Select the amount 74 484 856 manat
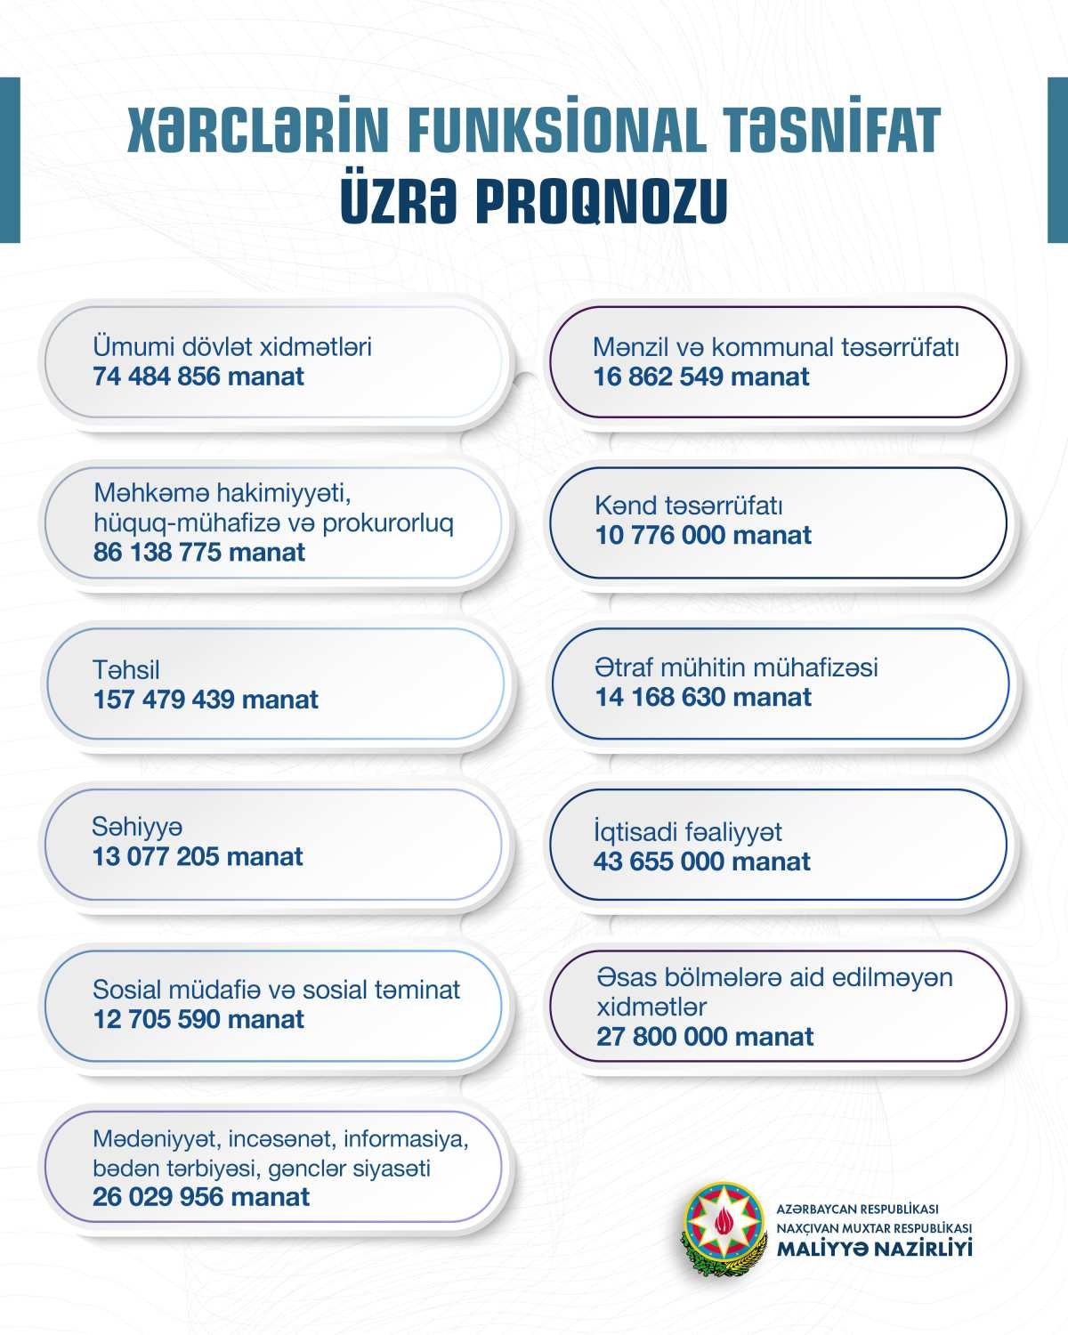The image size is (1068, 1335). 198,376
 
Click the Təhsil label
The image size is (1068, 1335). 126,669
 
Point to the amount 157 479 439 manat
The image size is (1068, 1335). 206,700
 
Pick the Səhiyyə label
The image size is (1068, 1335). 137,827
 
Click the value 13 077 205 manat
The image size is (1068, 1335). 198,857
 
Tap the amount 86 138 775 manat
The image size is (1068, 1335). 199,553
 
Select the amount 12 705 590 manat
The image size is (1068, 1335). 198,1019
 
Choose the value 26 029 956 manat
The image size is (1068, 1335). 201,1197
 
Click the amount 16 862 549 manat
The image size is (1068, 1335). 701,376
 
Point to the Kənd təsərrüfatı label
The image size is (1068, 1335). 689,506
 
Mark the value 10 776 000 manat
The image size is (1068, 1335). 703,536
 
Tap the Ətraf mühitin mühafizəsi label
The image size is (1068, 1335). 737,667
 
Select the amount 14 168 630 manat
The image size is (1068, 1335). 703,697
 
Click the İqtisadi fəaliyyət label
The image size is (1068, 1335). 688,832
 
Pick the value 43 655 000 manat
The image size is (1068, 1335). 702,862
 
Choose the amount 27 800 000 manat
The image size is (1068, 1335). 705,1037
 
